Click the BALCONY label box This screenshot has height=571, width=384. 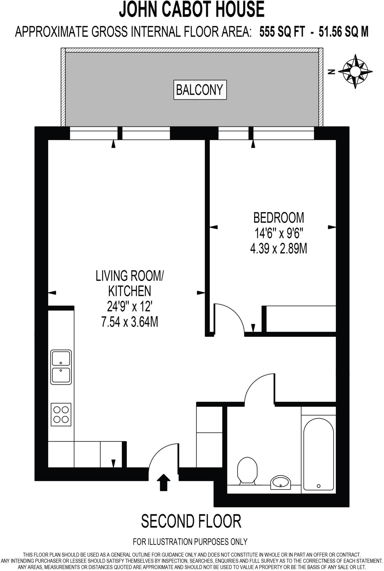pos(200,90)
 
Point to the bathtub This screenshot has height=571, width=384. pos(318,454)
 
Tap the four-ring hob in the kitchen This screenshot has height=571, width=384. pos(61,415)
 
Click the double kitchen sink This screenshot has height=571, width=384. pos(61,367)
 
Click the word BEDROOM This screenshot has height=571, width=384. pos(278,218)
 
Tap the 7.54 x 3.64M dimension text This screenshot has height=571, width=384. pos(130,322)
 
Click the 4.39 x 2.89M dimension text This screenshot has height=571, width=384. pos(278,249)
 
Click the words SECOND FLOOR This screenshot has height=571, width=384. pos(191,521)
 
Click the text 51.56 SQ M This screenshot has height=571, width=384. pos(343,32)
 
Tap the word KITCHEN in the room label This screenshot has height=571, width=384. pos(129,291)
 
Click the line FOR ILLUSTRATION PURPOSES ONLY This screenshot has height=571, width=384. pos(190,542)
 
